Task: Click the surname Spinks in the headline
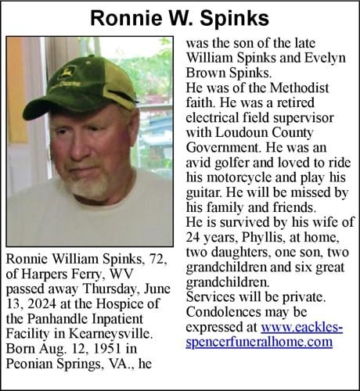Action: coord(236,16)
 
